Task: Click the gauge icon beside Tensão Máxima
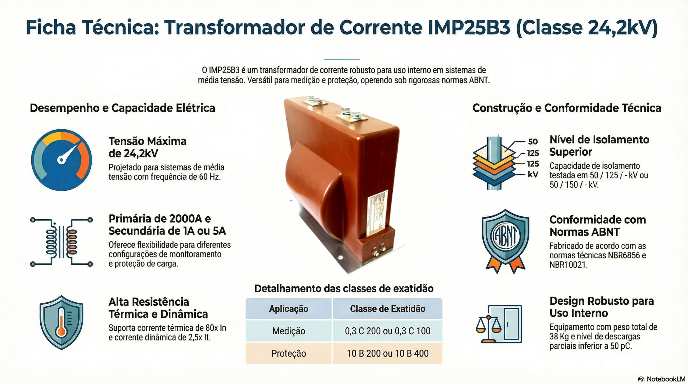pos(62,160)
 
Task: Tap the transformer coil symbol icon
pos(62,242)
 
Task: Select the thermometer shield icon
pos(61,322)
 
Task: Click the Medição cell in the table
pos(289,331)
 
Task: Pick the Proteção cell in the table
pos(289,353)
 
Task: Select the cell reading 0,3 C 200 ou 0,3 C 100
pos(388,331)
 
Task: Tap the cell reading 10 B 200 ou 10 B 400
pos(388,353)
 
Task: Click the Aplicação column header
pos(289,309)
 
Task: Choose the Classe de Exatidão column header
pos(388,309)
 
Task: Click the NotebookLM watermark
pos(661,379)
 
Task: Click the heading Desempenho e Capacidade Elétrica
pos(122,108)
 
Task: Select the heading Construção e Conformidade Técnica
pos(567,108)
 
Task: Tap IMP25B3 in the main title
pos(469,28)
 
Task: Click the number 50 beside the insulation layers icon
pos(533,141)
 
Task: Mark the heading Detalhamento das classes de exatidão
pos(344,289)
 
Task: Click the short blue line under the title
pos(342,59)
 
